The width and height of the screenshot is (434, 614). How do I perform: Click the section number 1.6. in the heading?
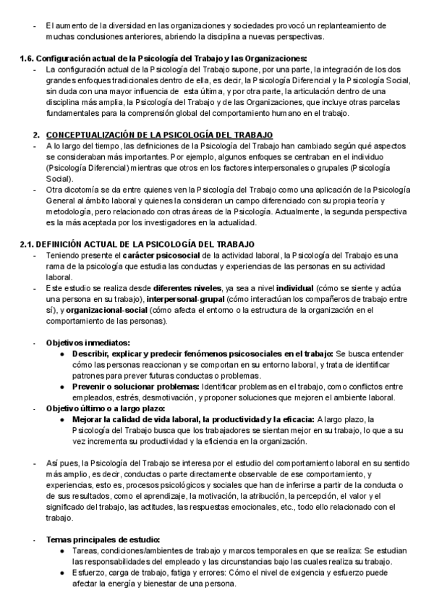[x=26, y=59]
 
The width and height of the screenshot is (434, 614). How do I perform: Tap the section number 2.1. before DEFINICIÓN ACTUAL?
[x=26, y=243]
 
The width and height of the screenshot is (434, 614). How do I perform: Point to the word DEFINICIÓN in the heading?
[x=59, y=243]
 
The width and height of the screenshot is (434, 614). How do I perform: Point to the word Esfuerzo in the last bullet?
[x=90, y=573]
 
